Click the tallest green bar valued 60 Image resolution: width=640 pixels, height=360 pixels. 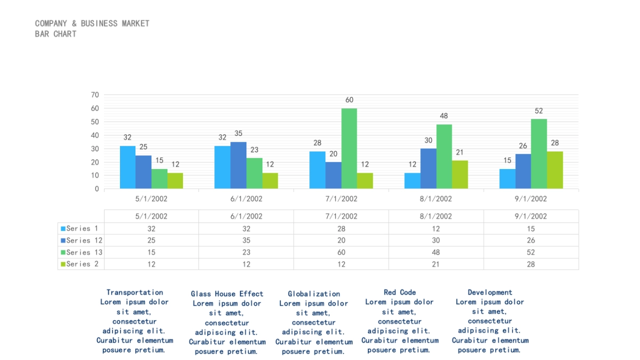[x=349, y=148]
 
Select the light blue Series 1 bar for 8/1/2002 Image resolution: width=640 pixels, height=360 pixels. [x=412, y=180]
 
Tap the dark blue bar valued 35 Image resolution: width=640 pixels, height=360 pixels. [x=238, y=165]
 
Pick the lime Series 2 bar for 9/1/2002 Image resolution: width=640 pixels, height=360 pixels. [x=555, y=170]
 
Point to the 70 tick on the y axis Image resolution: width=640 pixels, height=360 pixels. [x=95, y=95]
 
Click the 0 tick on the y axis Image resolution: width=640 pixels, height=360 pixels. [x=97, y=189]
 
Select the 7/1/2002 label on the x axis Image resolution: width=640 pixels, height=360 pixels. [x=341, y=199]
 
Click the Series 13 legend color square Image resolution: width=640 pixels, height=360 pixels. [x=63, y=252]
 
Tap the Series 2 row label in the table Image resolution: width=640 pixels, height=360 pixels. [x=82, y=264]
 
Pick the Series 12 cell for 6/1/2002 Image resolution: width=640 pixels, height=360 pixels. [x=246, y=241]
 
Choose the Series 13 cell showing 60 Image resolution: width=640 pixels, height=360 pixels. [x=341, y=252]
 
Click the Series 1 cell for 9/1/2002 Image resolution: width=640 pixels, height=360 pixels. [x=531, y=229]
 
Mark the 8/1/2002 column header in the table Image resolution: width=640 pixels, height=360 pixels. [x=436, y=217]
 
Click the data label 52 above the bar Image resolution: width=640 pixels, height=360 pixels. [x=539, y=111]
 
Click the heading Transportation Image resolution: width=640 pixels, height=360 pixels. [x=134, y=292]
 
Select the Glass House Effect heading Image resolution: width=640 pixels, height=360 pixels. [x=227, y=294]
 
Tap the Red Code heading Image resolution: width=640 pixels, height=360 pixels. [x=399, y=292]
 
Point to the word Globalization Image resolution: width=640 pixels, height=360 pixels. [x=314, y=294]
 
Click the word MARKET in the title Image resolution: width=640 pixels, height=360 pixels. [x=135, y=23]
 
